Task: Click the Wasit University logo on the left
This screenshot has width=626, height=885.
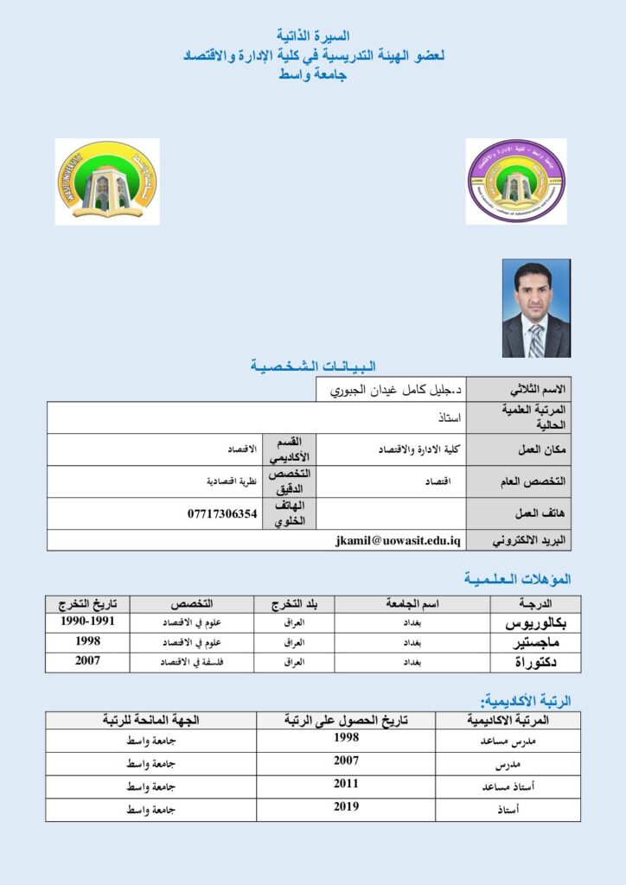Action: (107, 181)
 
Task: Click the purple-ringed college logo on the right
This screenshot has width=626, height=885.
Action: (516, 181)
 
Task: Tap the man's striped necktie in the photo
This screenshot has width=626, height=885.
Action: (536, 340)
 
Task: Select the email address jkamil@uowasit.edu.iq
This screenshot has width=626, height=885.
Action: (399, 540)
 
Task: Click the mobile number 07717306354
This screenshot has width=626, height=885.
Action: (222, 513)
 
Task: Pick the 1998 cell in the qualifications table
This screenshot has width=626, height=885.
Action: (87, 641)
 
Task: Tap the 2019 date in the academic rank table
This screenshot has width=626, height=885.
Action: (346, 807)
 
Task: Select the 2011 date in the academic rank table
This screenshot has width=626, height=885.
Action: (346, 785)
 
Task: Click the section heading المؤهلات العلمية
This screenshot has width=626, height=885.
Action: (517, 578)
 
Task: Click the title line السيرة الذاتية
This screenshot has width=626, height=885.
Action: (314, 37)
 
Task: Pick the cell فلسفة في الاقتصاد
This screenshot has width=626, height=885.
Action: (193, 662)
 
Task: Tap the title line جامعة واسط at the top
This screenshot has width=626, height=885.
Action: (313, 75)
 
